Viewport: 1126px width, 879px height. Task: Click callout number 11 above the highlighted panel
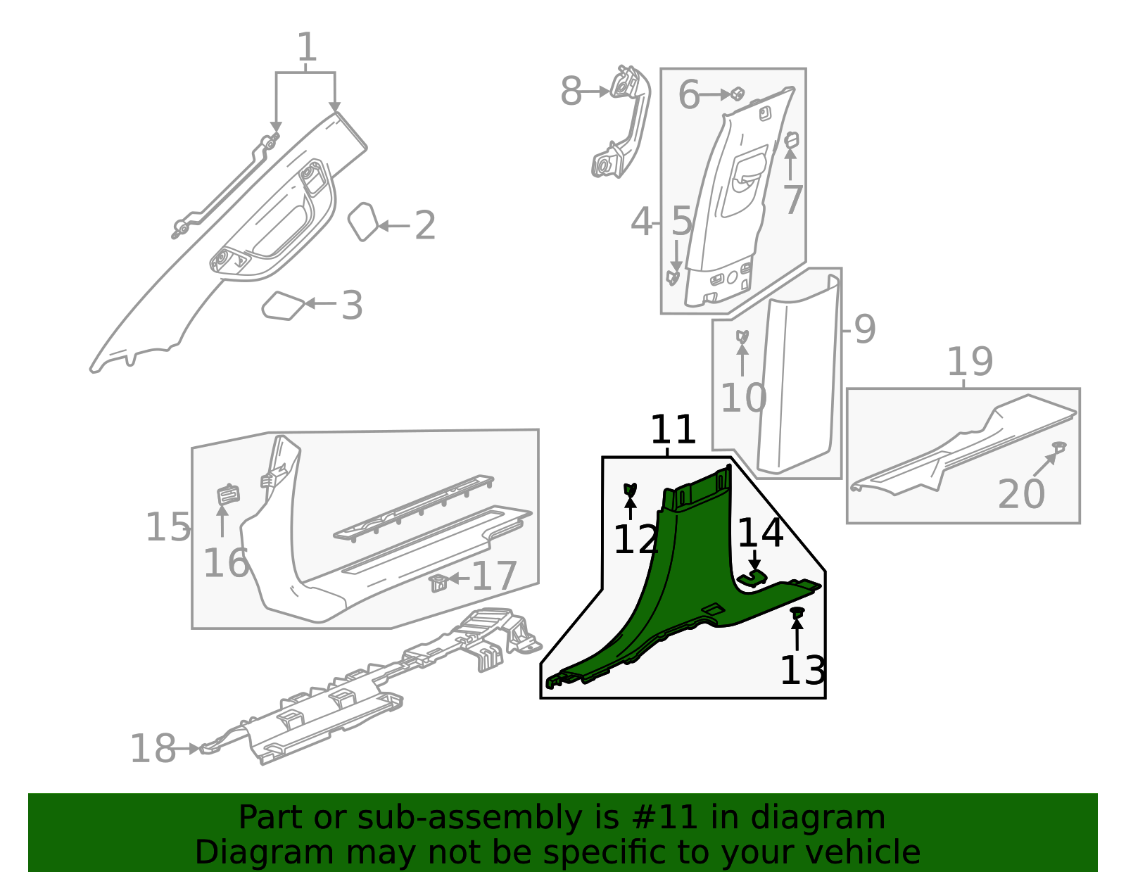[673, 431]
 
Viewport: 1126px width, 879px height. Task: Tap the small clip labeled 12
[630, 489]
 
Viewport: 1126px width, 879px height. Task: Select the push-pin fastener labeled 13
[797, 614]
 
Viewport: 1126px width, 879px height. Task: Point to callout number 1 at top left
[306, 49]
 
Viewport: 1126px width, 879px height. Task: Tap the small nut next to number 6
[738, 94]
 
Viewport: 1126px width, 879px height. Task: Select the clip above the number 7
[791, 140]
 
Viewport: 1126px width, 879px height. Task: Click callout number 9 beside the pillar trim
[864, 329]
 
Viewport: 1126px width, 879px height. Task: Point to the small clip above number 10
[742, 336]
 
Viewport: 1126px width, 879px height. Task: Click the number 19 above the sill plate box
[970, 362]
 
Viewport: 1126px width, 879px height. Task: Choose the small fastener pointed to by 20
[1058, 447]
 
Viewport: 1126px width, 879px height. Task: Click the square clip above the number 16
[227, 495]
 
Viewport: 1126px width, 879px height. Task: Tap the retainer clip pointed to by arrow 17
[438, 583]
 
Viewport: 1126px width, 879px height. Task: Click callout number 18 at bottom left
[153, 749]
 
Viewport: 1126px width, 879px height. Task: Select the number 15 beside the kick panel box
[167, 528]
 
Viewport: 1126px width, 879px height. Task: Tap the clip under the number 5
[673, 277]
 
